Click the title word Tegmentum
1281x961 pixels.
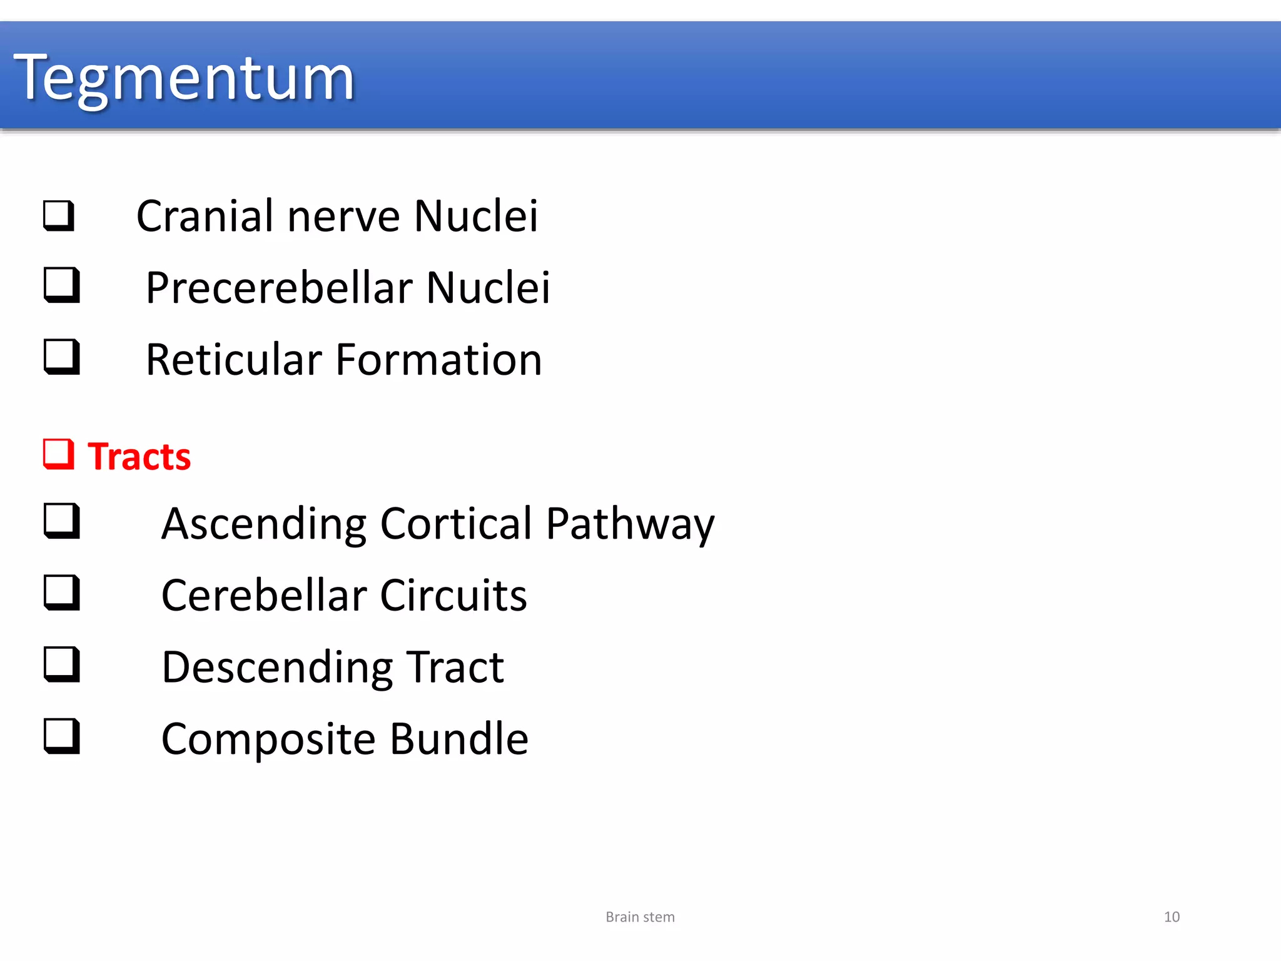[184, 78]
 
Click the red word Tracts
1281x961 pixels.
[139, 456]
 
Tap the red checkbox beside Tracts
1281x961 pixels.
[59, 454]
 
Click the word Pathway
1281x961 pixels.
[630, 524]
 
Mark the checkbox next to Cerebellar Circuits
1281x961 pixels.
[62, 592]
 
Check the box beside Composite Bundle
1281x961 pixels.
[62, 736]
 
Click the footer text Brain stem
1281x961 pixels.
[640, 917]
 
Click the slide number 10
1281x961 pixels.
[1172, 917]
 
